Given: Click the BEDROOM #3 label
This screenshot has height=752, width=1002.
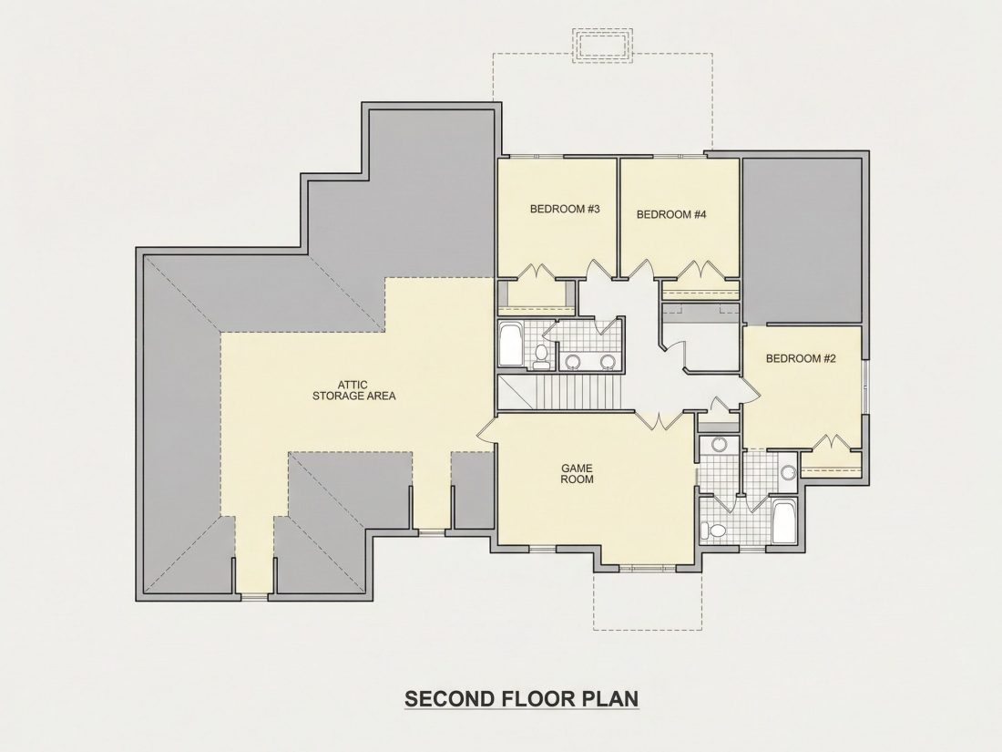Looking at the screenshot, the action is [564, 209].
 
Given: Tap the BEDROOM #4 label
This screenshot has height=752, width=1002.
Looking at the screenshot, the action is [671, 214].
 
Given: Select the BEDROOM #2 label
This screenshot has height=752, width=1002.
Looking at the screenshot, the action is [801, 358].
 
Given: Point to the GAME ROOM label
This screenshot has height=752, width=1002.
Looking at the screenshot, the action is [577, 473].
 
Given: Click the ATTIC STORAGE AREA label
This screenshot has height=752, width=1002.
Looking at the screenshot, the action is [353, 390].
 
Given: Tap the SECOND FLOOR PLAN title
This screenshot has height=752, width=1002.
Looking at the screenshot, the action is [521, 698].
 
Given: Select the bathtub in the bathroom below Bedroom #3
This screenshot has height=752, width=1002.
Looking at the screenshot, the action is [510, 344].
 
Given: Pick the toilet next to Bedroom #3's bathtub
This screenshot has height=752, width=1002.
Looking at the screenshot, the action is [541, 356].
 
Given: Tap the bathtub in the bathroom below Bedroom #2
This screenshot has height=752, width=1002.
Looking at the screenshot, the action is [782, 522].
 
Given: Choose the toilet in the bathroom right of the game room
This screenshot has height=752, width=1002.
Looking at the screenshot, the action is [712, 530].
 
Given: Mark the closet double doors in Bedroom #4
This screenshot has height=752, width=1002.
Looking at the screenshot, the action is [701, 271].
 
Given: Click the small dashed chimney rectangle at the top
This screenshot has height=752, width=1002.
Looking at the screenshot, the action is [602, 46].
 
